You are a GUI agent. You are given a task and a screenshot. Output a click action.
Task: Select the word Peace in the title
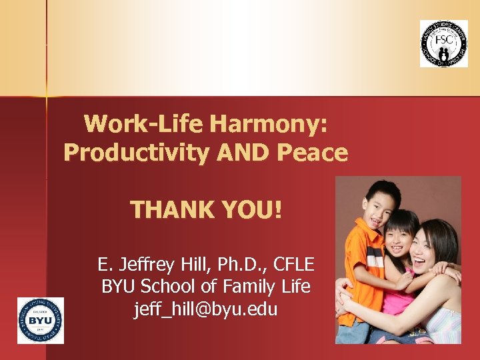313,153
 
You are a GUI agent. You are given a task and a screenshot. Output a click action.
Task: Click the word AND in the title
243,153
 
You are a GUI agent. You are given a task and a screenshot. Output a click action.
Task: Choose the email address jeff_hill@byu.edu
205,309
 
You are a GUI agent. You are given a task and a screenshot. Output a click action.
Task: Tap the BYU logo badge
41,321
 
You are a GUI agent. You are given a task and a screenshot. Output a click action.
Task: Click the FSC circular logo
443,43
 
